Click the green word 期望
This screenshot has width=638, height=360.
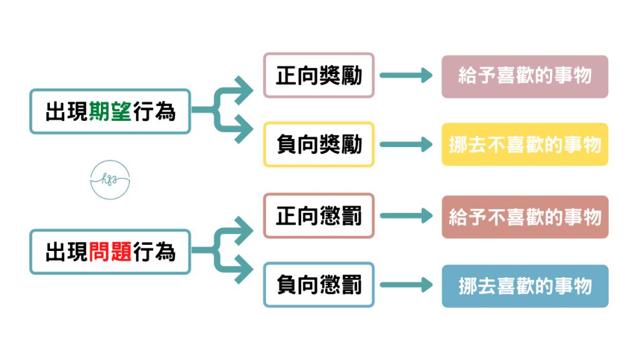point(110,112)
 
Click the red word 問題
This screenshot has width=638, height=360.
point(110,252)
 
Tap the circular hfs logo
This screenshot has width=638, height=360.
point(110,180)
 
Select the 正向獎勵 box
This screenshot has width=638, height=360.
point(318,76)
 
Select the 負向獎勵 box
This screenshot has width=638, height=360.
point(318,144)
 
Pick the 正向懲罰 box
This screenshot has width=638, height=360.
point(318,216)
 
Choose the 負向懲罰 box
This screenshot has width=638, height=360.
point(318,285)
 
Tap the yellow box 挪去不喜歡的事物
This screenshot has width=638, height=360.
point(525,144)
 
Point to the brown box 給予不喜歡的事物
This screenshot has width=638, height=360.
point(525,217)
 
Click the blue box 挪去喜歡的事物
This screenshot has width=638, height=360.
point(525,286)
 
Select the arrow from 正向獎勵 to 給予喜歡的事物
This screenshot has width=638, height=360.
point(406,76)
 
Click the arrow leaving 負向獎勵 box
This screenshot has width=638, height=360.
point(406,144)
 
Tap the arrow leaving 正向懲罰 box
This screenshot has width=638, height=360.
point(406,216)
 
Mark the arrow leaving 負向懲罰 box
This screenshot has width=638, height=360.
point(406,285)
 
